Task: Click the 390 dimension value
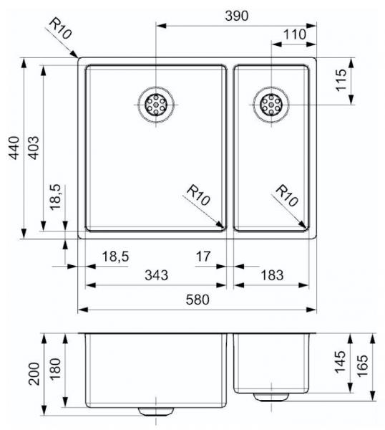pyautogui.click(x=235, y=16)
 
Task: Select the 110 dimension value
pyautogui.click(x=294, y=34)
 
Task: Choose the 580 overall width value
pyautogui.click(x=197, y=301)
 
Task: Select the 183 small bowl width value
pyautogui.click(x=272, y=274)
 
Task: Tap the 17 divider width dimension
pyautogui.click(x=203, y=254)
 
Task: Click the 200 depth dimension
pyautogui.click(x=34, y=373)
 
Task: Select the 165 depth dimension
pyautogui.click(x=364, y=367)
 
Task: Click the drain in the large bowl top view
pyautogui.click(x=155, y=106)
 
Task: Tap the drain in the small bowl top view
pyautogui.click(x=271, y=106)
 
